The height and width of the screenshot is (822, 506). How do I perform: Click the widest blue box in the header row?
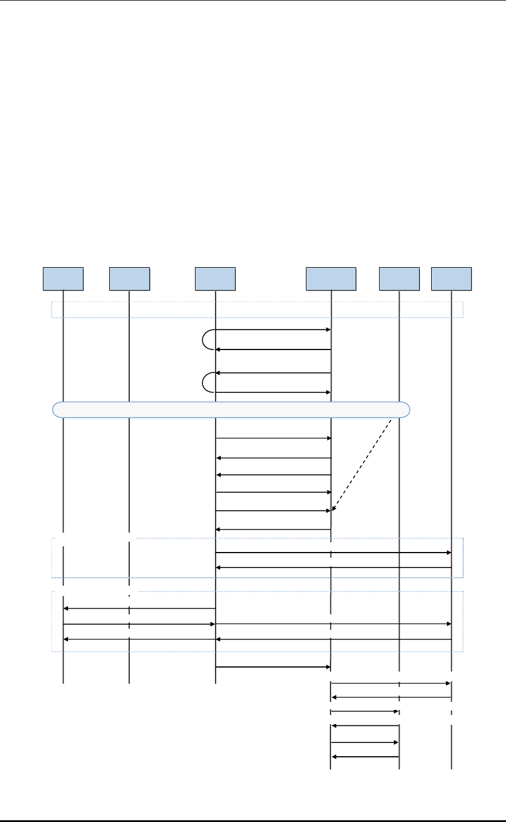pos(331,279)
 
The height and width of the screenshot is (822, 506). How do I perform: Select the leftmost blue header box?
pos(63,279)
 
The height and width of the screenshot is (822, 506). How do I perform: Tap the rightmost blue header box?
pos(452,279)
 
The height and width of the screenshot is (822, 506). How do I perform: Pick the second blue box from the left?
pos(129,279)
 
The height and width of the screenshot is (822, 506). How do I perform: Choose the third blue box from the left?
pos(216,279)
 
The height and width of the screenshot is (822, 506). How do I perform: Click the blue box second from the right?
pos(399,279)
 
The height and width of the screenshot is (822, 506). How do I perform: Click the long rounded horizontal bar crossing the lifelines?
pos(232,410)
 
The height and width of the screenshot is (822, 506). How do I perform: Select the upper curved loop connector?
pos(206,339)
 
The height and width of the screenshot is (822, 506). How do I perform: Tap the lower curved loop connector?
pos(206,383)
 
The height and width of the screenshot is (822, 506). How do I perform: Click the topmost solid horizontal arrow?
pos(273,330)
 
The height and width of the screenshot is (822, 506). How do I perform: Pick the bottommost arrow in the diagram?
pos(365,757)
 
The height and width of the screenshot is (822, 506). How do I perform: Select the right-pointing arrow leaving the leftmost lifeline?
pos(139,624)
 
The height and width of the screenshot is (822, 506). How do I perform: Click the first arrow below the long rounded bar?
pos(273,438)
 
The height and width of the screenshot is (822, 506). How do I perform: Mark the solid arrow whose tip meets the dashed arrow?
pos(273,511)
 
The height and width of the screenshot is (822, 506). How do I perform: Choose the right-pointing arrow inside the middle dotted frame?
pos(333,553)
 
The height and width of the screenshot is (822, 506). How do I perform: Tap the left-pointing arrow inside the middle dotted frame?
pos(333,567)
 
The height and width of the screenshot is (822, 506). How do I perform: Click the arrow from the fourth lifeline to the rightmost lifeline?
pos(391,683)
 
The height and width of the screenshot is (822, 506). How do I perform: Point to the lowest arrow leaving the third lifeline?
pos(273,667)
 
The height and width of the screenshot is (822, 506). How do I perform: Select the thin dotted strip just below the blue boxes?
pos(257,309)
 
